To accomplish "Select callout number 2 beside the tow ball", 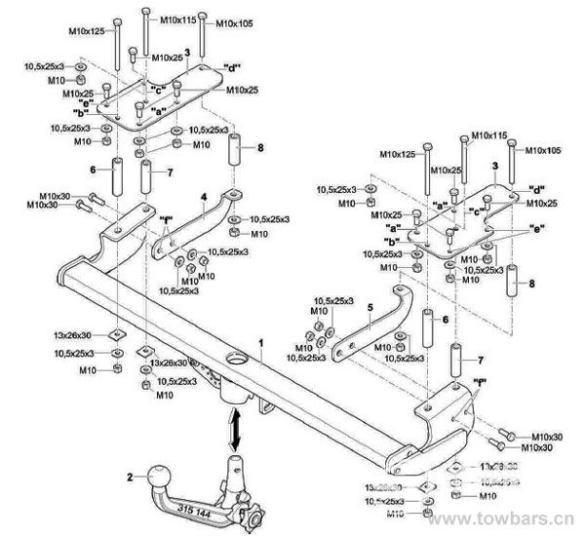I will point(127,477).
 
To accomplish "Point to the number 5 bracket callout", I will point(370,307).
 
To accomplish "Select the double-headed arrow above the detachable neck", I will point(235,429).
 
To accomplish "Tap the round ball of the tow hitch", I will point(157,478).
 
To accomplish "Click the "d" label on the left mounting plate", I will point(232,66).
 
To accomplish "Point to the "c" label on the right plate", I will point(478,211).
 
